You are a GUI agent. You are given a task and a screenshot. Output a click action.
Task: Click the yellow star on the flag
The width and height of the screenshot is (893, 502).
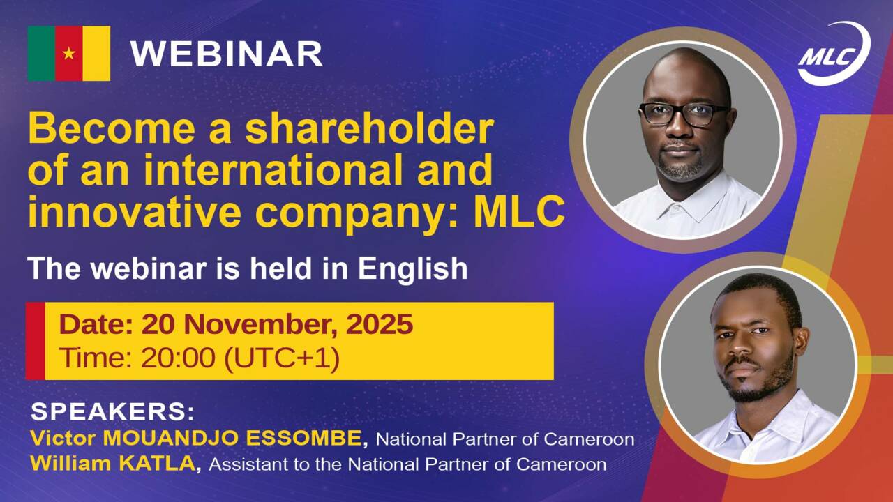[x=69, y=53]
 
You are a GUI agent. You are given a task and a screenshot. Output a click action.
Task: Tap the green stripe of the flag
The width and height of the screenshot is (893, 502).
[x=41, y=53]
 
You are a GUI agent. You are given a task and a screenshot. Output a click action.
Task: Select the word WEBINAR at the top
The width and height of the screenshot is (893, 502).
[x=226, y=54]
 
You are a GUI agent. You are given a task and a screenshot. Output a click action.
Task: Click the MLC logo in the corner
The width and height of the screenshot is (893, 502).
[x=834, y=54]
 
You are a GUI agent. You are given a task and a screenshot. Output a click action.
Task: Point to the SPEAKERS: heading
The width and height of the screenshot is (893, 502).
[x=112, y=411]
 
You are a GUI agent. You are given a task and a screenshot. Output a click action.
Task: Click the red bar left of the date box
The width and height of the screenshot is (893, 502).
[x=36, y=341]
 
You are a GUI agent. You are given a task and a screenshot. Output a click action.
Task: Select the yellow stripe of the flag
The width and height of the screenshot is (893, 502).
[x=96, y=53]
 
